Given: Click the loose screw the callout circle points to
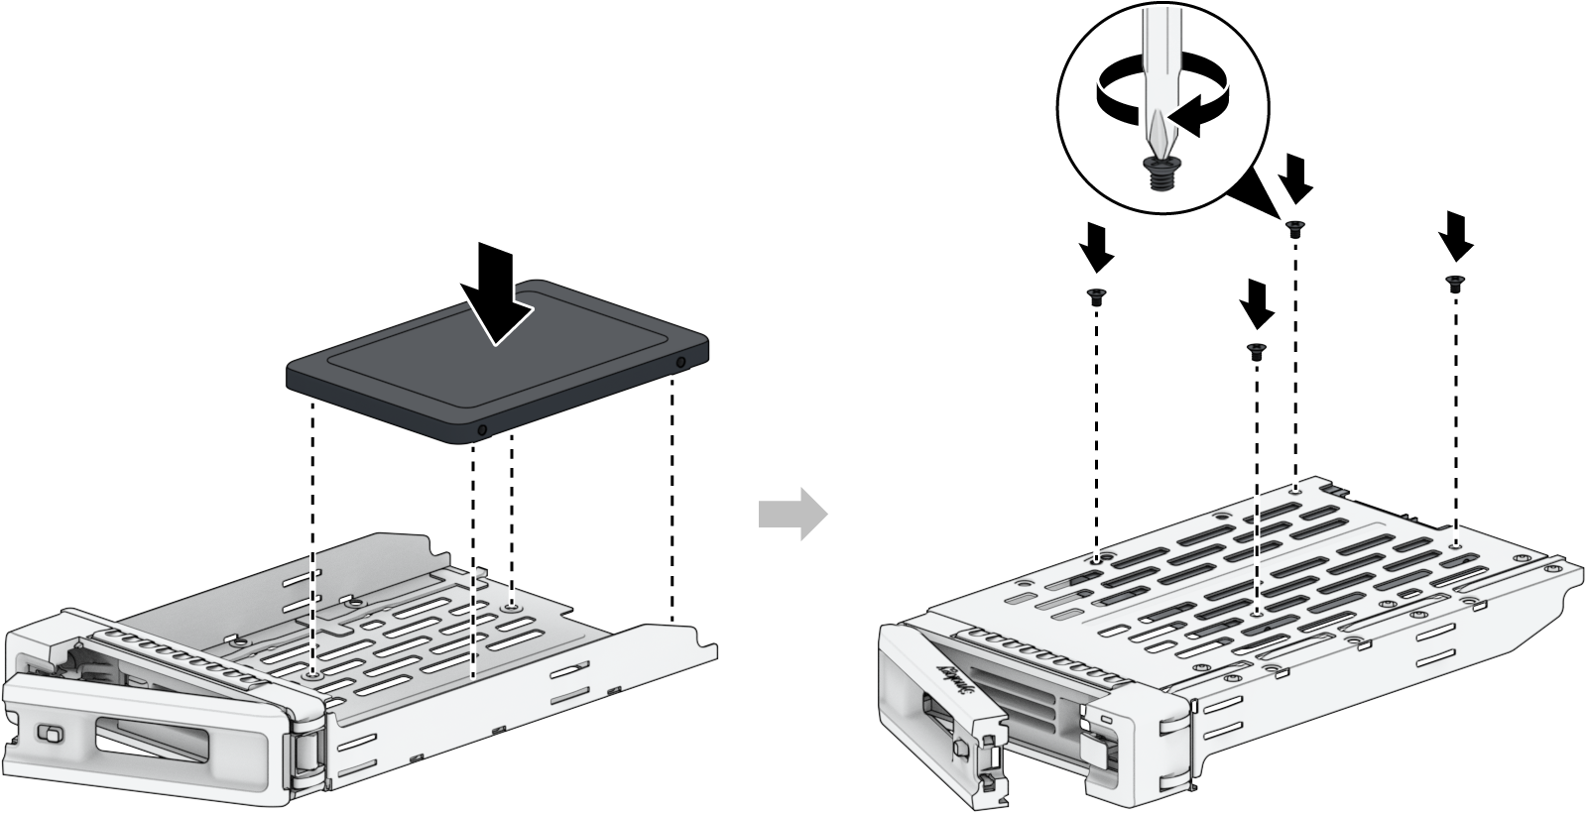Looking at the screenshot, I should (1293, 228).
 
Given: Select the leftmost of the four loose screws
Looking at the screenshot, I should (1096, 294).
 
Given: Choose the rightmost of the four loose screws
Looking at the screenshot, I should (1455, 283).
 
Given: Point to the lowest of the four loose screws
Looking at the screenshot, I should (1256, 348).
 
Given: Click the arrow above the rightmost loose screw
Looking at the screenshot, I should (1455, 235).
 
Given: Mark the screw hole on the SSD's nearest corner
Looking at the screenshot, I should (482, 430).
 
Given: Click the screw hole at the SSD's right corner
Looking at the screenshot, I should (680, 361).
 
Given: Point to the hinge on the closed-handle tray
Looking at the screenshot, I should (306, 754).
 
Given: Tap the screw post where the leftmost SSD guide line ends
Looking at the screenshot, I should (314, 673).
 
